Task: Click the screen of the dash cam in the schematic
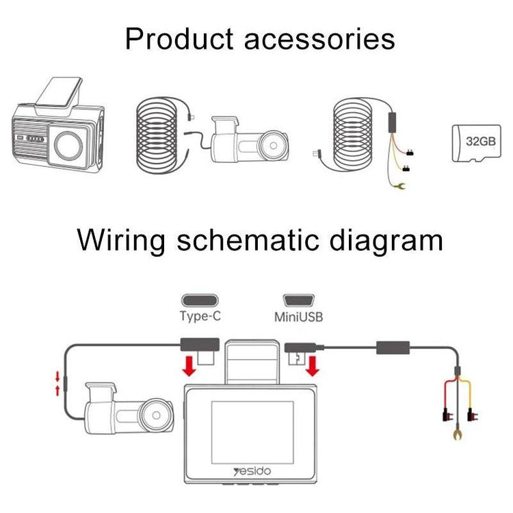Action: click(x=252, y=423)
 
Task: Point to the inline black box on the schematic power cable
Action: click(x=393, y=348)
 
